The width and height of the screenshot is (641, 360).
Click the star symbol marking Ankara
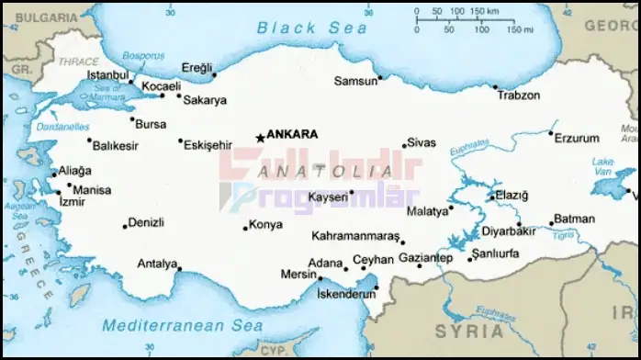(260, 137)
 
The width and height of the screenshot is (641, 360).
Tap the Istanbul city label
(107, 73)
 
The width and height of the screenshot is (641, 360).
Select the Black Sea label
(312, 28)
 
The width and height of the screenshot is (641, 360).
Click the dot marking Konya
(245, 228)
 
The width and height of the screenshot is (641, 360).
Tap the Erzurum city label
(578, 137)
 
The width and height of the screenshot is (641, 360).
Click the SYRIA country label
(469, 331)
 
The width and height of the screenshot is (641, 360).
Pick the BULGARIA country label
(38, 17)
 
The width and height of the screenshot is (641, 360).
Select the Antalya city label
(156, 264)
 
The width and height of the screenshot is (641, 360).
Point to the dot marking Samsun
(379, 78)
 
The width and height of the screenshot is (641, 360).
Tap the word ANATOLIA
(311, 171)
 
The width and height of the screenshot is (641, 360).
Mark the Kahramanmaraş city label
(355, 236)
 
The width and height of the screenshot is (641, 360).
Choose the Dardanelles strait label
(63, 127)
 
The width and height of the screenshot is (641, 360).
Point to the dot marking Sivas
(404, 146)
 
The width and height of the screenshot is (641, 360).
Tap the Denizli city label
(146, 222)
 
